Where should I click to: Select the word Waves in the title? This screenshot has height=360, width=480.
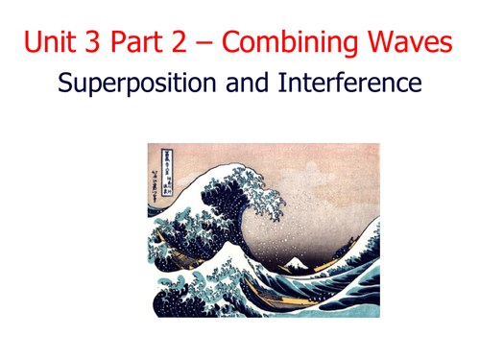pos(408,41)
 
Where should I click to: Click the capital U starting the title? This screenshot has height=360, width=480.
pos(35,41)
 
